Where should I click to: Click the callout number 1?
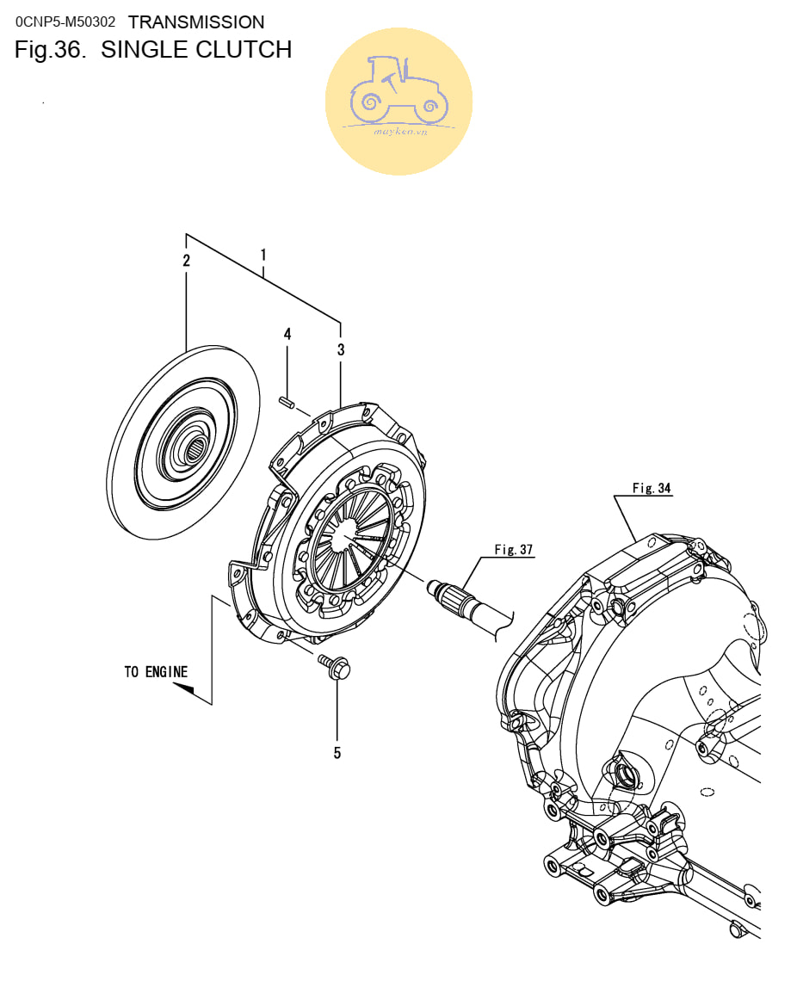pos(263,255)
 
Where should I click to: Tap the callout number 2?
pos(187,260)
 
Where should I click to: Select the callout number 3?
pos(341,349)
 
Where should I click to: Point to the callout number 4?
pos(287,334)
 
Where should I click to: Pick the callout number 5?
pos(337,753)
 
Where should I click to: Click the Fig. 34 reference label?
pos(652,488)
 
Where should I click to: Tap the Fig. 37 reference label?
pos(514,549)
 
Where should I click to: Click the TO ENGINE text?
pos(156,672)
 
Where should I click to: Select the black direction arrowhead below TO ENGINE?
pos(184,688)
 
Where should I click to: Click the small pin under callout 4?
pos(287,401)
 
